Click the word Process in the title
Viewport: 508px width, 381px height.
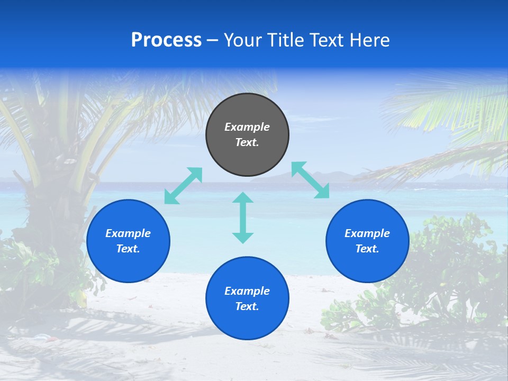click(166, 40)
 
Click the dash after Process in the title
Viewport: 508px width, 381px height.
click(212, 41)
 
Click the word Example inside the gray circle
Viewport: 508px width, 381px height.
click(247, 127)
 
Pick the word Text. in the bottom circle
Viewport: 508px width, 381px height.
click(247, 306)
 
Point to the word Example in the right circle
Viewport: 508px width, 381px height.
click(367, 233)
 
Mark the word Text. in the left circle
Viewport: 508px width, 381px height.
click(128, 249)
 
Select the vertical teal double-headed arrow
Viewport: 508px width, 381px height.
click(243, 217)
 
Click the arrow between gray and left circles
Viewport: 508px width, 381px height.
click(183, 185)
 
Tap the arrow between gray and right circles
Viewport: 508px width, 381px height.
click(311, 180)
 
